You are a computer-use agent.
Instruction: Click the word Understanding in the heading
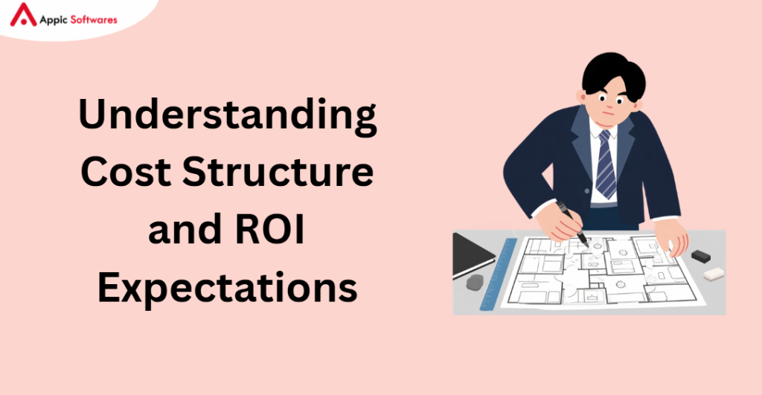[228, 115]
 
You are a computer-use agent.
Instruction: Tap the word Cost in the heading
[126, 172]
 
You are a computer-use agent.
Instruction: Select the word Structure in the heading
[278, 172]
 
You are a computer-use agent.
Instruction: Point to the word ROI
[269, 229]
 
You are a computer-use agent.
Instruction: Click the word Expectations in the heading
[228, 289]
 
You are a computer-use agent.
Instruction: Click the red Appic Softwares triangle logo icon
[23, 15]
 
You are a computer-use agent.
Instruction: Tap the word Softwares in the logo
[94, 20]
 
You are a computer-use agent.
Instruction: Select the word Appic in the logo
[54, 20]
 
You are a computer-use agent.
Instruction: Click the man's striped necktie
[605, 164]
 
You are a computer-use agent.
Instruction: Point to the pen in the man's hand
[572, 223]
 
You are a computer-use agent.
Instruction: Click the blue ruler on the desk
[498, 274]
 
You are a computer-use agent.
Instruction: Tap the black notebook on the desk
[473, 255]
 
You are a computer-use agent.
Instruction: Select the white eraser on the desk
[714, 274]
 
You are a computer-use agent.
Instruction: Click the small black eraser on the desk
[701, 256]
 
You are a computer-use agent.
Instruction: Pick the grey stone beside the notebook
[475, 282]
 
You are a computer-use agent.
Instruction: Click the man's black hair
[613, 74]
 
